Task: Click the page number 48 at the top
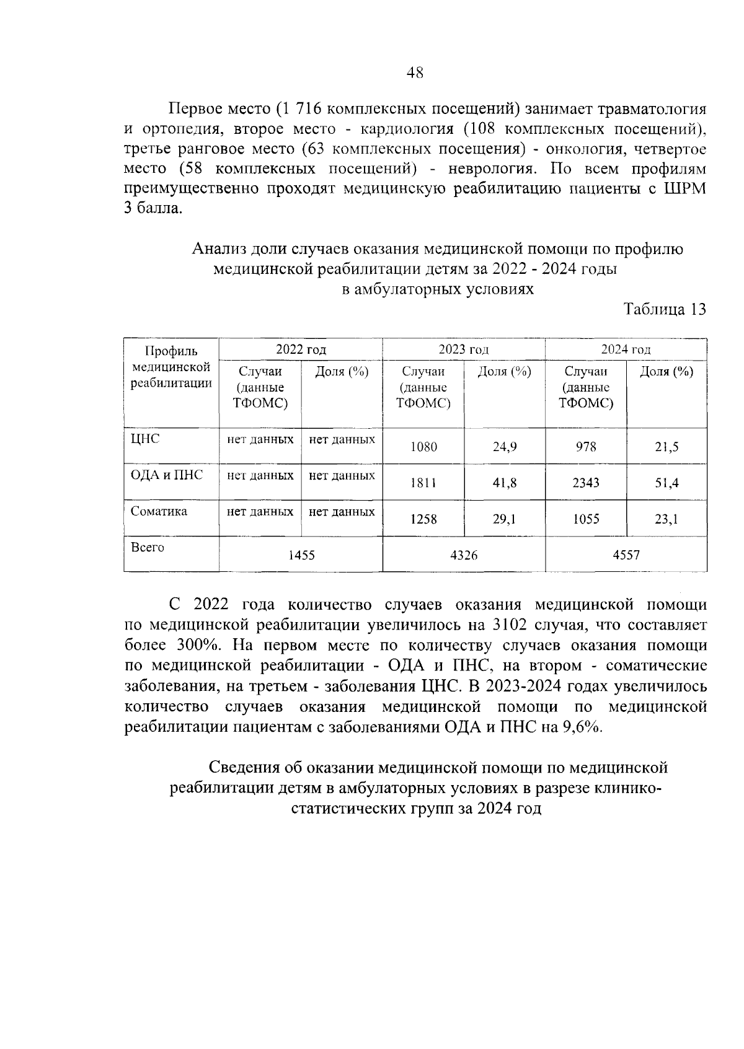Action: (415, 72)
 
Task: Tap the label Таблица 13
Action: (664, 310)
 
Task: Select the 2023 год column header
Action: (463, 349)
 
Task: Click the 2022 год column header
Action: (301, 349)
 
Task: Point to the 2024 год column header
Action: (626, 349)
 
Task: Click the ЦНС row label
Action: (145, 439)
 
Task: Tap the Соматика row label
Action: (159, 511)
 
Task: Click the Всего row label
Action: (148, 547)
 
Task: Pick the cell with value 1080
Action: (423, 446)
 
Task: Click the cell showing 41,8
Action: (505, 483)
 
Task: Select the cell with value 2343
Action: (586, 483)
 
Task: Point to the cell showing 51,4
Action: (666, 483)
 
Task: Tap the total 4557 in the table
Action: (626, 555)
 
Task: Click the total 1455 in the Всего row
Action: (301, 555)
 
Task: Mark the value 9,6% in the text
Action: (582, 727)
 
